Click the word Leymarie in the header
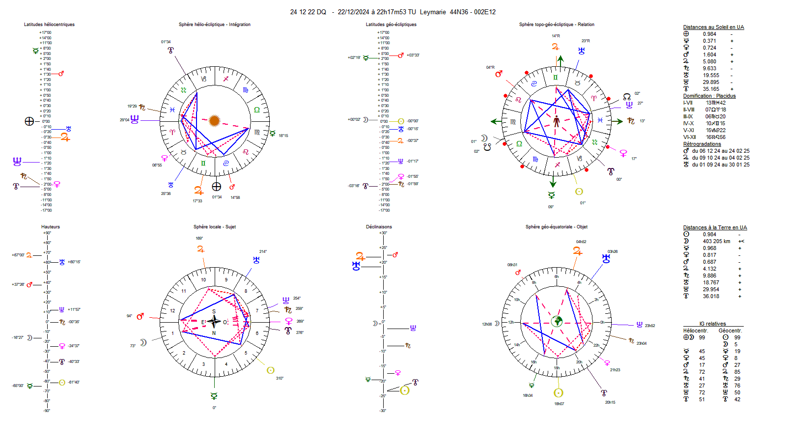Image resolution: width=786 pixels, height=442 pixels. click(x=433, y=12)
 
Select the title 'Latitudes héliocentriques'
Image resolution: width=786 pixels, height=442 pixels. click(x=49, y=25)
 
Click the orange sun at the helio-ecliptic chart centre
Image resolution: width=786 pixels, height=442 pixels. click(x=214, y=120)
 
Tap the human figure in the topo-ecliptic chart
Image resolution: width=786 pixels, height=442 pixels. click(x=556, y=121)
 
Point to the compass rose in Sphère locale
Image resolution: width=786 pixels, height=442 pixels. click(x=214, y=322)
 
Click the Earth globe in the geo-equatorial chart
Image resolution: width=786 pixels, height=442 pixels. click(x=557, y=322)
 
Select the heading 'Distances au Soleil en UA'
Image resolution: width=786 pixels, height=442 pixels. click(x=713, y=28)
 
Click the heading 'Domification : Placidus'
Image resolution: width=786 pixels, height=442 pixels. click(x=709, y=96)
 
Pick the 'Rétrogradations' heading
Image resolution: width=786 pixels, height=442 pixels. click(x=702, y=144)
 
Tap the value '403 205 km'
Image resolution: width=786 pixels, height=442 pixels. click(x=716, y=241)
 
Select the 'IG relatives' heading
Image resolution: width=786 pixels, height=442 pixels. click(x=712, y=324)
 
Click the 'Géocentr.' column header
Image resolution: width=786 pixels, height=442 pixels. click(x=730, y=331)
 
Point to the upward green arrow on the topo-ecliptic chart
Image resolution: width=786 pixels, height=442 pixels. click(x=560, y=60)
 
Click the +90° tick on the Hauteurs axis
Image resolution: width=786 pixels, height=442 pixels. click(x=47, y=233)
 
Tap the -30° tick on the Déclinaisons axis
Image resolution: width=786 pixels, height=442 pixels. click(x=383, y=411)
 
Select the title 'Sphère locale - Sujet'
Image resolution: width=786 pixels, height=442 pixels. click(x=214, y=227)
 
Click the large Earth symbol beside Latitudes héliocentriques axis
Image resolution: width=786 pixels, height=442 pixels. click(x=29, y=121)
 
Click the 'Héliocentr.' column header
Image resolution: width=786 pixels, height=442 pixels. click(x=696, y=331)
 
